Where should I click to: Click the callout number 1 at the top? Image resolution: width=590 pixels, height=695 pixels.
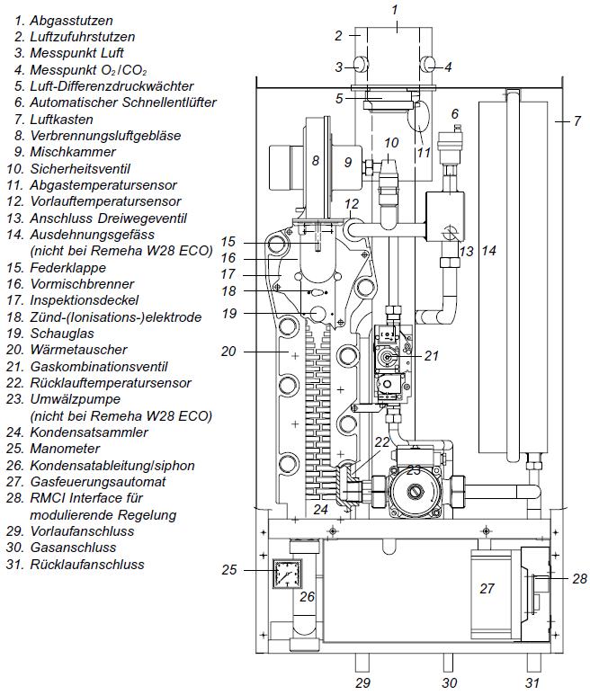pyautogui.click(x=394, y=9)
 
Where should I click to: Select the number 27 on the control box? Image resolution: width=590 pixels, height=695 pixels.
pyautogui.click(x=487, y=589)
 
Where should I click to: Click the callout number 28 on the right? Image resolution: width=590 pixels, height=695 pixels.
pyautogui.click(x=579, y=578)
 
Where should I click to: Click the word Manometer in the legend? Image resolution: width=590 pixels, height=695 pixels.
pyautogui.click(x=65, y=449)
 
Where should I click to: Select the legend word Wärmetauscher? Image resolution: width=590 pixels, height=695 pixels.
pyautogui.click(x=76, y=350)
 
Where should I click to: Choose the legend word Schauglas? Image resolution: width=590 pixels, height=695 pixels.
pyautogui.click(x=60, y=334)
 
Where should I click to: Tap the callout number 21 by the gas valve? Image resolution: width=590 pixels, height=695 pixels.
pyautogui.click(x=431, y=356)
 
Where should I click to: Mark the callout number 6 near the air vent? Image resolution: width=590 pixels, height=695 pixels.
pyautogui.click(x=455, y=113)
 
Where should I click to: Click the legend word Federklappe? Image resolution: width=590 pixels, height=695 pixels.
pyautogui.click(x=68, y=268)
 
